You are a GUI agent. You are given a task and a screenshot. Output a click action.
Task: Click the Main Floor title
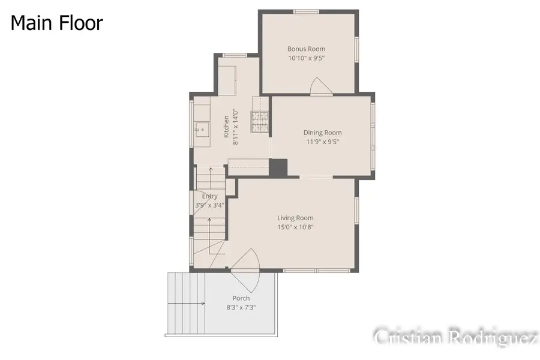[x=57, y=23]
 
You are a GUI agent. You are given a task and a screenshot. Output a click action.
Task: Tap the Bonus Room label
[x=306, y=49]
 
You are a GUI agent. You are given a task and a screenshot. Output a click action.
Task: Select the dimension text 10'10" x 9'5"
[x=306, y=58]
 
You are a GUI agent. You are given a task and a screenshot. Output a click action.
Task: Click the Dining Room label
[x=322, y=133]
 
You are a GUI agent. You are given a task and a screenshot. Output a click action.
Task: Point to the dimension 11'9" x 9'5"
[x=322, y=142]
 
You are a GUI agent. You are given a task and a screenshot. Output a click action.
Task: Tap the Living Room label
[x=295, y=218]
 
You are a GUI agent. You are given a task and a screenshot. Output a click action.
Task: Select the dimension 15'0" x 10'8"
[x=295, y=227]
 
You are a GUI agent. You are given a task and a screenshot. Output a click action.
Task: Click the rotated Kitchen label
[x=226, y=127]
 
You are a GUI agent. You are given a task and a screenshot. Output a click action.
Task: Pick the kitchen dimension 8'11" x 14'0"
[x=235, y=127]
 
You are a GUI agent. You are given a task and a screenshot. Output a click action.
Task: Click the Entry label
[x=210, y=196]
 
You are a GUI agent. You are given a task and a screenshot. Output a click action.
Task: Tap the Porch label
[x=241, y=298]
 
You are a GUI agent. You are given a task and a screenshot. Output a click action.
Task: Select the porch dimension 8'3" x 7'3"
[x=241, y=307]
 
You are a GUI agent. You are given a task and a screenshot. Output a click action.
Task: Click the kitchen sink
[x=202, y=130]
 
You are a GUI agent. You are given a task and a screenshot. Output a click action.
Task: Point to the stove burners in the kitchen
[x=260, y=122]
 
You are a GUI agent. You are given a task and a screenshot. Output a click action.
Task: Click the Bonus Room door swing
[x=321, y=86]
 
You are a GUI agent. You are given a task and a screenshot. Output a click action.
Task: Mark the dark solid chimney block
[x=278, y=168]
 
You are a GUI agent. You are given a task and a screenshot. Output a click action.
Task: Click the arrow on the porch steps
[x=187, y=304]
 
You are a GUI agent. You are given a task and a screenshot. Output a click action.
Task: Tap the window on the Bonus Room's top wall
[x=306, y=12]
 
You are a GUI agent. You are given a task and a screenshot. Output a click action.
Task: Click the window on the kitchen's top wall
[x=234, y=55]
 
